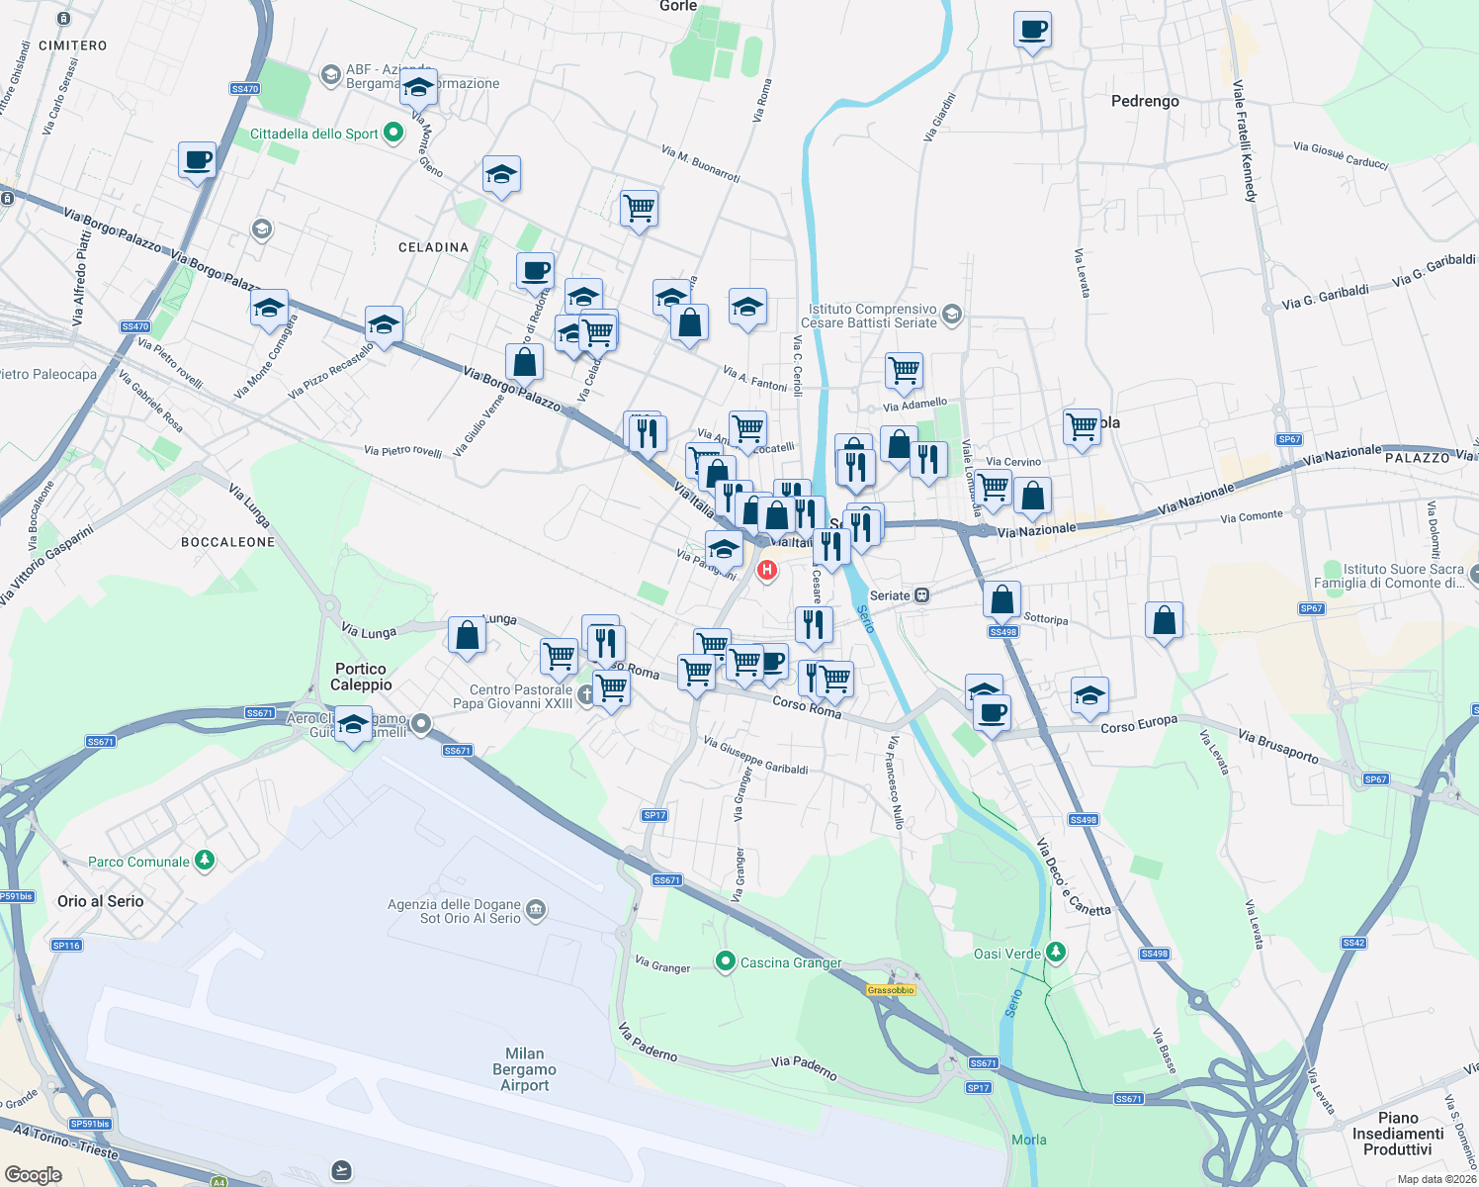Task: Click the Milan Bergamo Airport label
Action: click(524, 1069)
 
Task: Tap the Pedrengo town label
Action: click(1145, 101)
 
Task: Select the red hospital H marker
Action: click(766, 570)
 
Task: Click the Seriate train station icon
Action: click(921, 595)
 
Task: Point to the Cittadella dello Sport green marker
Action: click(393, 133)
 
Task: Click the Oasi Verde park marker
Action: click(1057, 953)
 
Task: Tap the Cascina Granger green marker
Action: click(726, 961)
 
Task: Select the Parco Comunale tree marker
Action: click(205, 861)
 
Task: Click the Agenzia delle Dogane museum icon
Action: click(536, 909)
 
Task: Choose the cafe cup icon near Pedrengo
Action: click(1032, 30)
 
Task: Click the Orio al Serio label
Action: click(101, 901)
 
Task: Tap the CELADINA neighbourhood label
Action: click(433, 247)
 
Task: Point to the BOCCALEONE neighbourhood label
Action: click(228, 542)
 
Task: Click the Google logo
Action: click(33, 1175)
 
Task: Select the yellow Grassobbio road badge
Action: click(891, 990)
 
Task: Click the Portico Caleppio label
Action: click(361, 677)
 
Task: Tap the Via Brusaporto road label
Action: click(1278, 747)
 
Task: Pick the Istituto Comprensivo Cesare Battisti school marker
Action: click(952, 315)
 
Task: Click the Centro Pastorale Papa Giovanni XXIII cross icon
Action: click(586, 695)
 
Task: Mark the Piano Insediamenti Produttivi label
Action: click(1398, 1134)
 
